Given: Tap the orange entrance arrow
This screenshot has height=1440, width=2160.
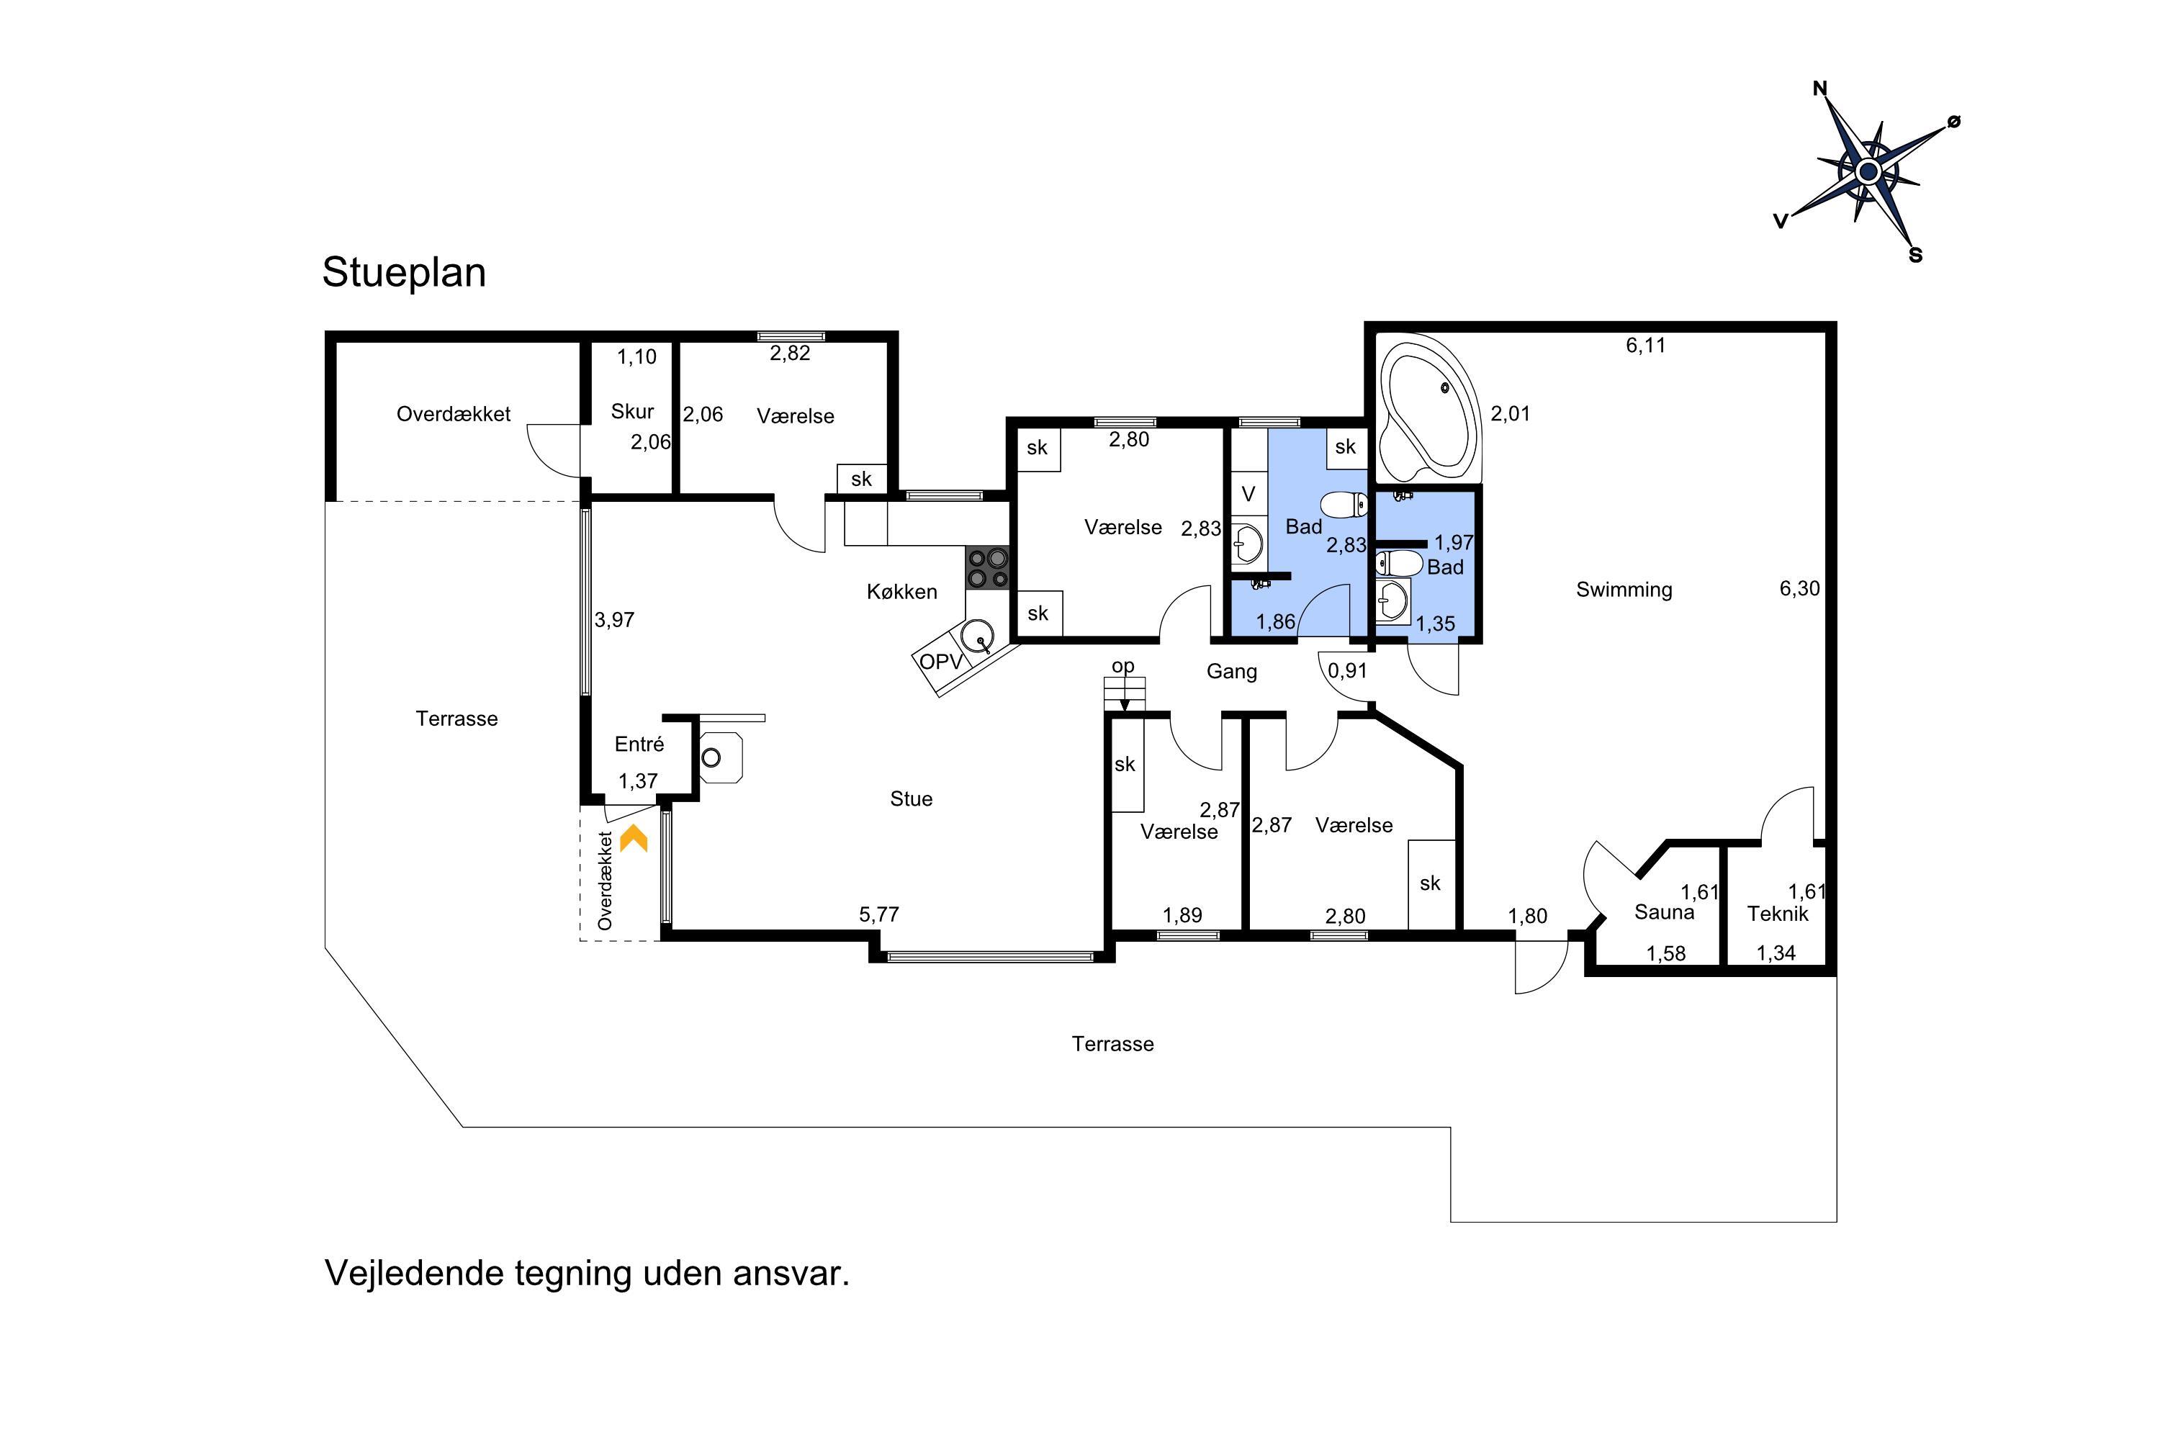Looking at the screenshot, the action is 634,839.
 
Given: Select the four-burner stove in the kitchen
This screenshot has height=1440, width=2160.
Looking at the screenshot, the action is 987,567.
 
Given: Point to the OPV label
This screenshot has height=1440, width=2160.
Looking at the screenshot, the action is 941,661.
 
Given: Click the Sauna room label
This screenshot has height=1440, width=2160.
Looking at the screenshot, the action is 1664,913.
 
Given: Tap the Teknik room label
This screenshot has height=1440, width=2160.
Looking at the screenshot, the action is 1778,914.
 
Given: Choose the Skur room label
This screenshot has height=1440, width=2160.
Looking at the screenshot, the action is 633,411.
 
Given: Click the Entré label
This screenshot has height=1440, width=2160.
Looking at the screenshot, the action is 639,744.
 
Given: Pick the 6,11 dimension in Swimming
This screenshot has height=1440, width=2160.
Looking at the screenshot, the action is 1646,346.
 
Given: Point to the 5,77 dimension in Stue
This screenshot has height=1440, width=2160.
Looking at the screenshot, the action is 879,914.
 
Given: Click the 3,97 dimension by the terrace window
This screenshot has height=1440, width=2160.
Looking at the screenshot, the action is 614,620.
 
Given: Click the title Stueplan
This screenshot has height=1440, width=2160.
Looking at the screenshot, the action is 404,273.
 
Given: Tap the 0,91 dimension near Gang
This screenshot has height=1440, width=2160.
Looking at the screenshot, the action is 1347,671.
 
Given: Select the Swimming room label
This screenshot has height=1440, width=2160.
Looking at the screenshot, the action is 1624,590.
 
